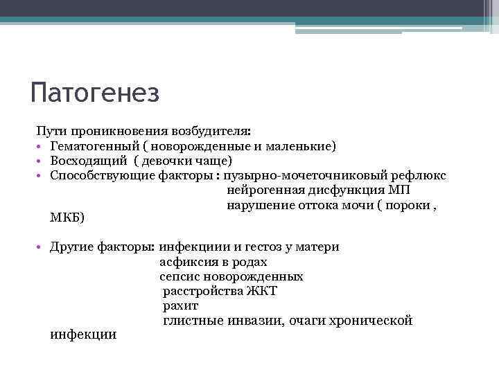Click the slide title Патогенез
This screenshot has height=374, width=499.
[x=96, y=93]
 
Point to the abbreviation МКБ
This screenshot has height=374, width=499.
[x=66, y=218]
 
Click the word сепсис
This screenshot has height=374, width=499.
[x=180, y=276]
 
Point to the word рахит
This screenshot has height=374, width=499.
[x=180, y=305]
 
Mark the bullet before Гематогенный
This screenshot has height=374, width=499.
[x=42, y=147]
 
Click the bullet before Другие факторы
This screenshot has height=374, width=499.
[x=42, y=248]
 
